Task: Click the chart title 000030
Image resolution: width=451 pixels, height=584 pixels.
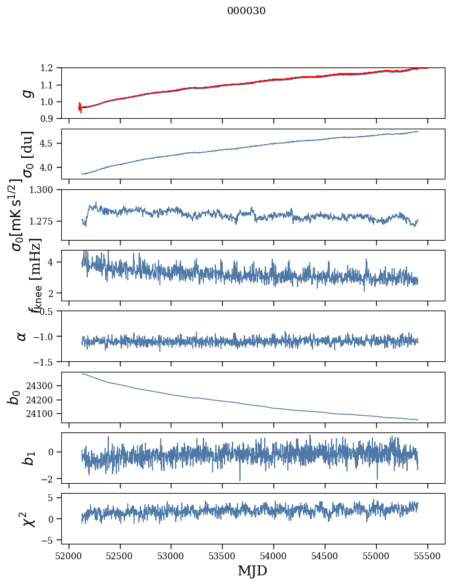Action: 246,11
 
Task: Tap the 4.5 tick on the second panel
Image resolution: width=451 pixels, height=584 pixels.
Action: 51,144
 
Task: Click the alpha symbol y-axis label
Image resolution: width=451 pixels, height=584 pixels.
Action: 22,336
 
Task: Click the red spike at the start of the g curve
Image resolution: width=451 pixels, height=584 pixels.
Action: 80,108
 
